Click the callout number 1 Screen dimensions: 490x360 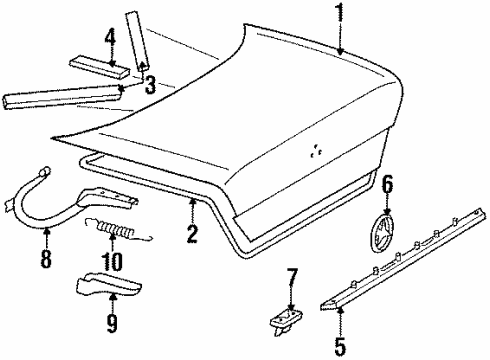(340, 13)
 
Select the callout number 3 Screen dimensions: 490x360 (151, 85)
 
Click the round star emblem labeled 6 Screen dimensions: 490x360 (382, 234)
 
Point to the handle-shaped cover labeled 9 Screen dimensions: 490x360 (109, 284)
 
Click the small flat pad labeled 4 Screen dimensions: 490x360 (99, 68)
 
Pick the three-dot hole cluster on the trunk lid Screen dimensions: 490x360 (315, 151)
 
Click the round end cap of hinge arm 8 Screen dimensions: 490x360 (45, 171)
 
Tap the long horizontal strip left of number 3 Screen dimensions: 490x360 (61, 97)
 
